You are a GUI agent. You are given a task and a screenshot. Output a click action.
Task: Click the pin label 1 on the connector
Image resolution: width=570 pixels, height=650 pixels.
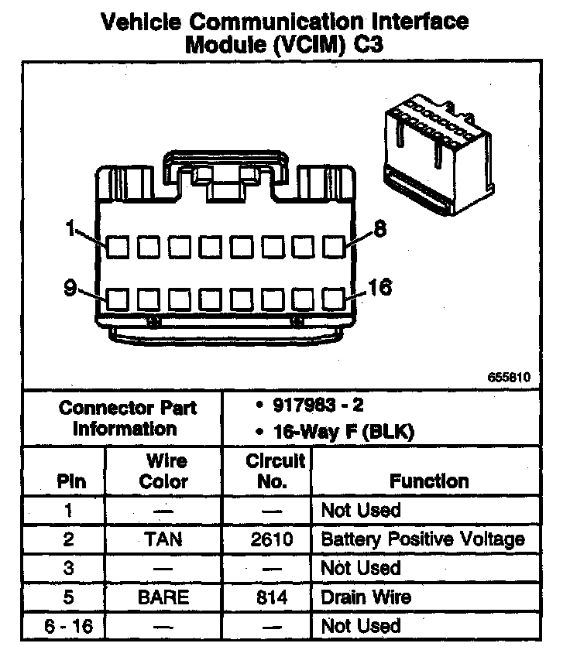pyautogui.click(x=70, y=229)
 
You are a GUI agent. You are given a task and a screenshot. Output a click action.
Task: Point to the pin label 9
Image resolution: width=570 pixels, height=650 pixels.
pyautogui.click(x=70, y=289)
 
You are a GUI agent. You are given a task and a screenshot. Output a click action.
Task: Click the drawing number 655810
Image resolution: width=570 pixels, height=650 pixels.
pyautogui.click(x=509, y=378)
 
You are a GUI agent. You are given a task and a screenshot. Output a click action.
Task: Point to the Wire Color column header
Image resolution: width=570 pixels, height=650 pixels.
pyautogui.click(x=163, y=471)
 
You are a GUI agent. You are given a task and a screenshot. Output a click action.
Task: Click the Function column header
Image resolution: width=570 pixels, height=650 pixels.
pyautogui.click(x=429, y=481)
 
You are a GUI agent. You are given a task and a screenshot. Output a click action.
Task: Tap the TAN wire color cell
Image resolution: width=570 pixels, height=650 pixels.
pyautogui.click(x=163, y=539)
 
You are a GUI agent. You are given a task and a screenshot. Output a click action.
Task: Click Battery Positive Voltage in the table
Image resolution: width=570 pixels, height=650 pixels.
pyautogui.click(x=422, y=539)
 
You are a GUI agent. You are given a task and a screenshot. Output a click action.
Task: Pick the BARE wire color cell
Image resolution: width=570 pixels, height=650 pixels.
pyautogui.click(x=163, y=597)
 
